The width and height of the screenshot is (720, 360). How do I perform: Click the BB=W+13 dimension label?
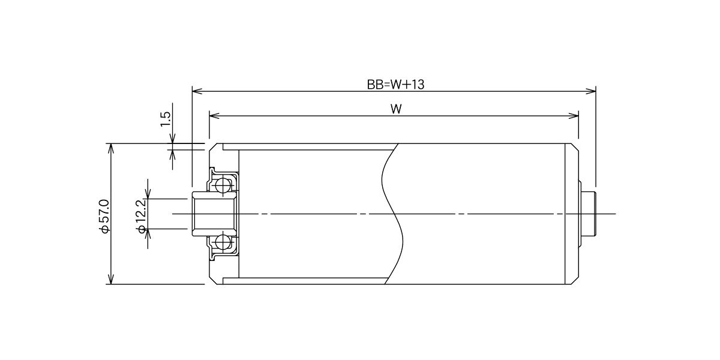pyautogui.click(x=395, y=85)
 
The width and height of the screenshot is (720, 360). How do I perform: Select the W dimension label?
pyautogui.click(x=396, y=109)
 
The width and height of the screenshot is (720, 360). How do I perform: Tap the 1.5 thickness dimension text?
pyautogui.click(x=165, y=119)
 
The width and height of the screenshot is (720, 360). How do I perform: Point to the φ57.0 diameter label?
pyautogui.click(x=104, y=216)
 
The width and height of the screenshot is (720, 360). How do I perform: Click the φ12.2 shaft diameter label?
pyautogui.click(x=142, y=216)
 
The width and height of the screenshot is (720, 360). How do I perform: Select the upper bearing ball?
pyautogui.click(x=223, y=185)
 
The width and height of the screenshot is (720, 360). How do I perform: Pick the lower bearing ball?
pyautogui.click(x=223, y=242)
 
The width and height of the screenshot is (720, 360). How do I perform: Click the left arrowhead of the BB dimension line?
pyautogui.click(x=197, y=91)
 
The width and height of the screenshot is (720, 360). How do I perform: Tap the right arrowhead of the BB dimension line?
pyautogui.click(x=591, y=91)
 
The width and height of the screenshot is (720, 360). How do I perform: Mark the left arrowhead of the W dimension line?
pyautogui.click(x=214, y=116)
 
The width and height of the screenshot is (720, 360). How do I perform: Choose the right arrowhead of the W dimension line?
pyautogui.click(x=574, y=116)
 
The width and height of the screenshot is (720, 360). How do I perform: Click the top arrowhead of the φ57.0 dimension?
pyautogui.click(x=111, y=149)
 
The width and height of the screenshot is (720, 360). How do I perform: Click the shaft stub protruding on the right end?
pyautogui.click(x=589, y=214)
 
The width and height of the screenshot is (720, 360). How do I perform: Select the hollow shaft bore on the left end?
pyautogui.click(x=214, y=214)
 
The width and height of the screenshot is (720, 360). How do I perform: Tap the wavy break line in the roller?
pyautogui.click(x=392, y=214)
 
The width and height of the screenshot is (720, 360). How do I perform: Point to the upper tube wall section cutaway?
pyautogui.click(x=308, y=147)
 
